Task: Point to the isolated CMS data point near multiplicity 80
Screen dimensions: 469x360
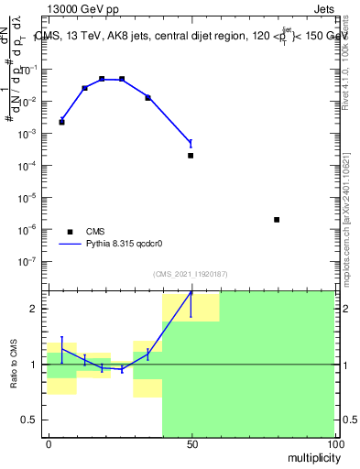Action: tap(277, 220)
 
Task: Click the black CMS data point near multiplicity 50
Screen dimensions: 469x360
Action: tap(191, 156)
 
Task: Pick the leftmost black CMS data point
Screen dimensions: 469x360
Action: tap(61, 122)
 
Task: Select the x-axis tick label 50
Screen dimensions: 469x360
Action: tap(191, 443)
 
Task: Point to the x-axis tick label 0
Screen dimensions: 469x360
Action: tap(48, 443)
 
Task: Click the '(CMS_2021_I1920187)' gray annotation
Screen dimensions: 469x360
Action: tap(191, 273)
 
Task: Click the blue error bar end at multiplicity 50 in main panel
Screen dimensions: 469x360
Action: tap(191, 139)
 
